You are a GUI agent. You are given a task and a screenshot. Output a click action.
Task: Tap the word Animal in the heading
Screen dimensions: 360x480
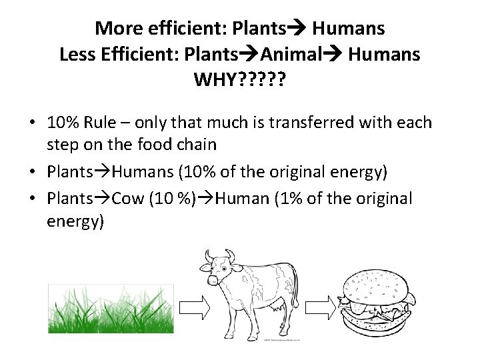[x=292, y=55]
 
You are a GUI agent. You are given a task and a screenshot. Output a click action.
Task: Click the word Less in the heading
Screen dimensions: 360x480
[x=77, y=55]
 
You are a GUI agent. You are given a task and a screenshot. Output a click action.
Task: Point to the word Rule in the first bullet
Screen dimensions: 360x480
[x=105, y=123]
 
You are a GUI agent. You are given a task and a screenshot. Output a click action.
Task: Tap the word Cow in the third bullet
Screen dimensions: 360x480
[x=127, y=199]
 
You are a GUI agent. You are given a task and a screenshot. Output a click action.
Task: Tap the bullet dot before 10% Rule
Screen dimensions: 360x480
[x=31, y=124]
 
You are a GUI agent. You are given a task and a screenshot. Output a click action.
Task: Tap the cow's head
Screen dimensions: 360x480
[x=221, y=270]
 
